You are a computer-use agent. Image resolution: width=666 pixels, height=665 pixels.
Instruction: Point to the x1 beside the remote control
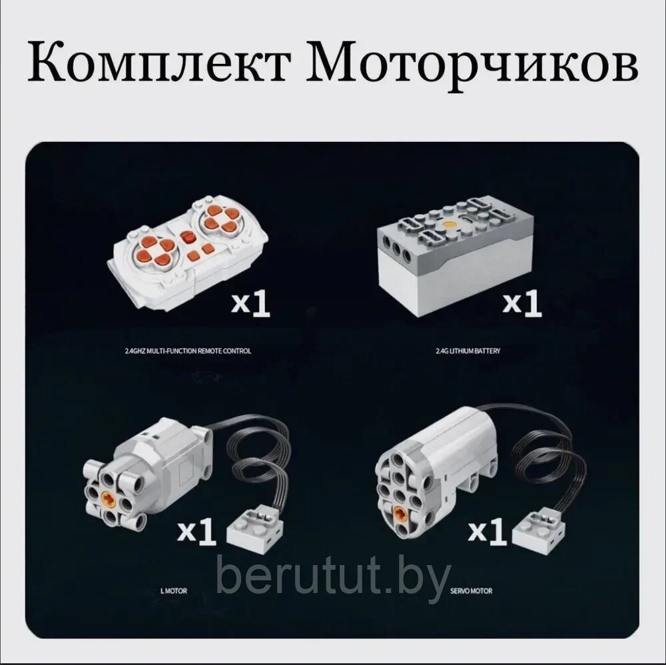[x=250, y=303]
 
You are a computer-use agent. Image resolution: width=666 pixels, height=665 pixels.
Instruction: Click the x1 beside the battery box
[x=522, y=303]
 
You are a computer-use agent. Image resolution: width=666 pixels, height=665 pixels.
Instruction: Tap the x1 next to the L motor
[x=196, y=530]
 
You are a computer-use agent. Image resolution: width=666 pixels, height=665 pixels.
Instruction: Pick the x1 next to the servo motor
[x=488, y=530]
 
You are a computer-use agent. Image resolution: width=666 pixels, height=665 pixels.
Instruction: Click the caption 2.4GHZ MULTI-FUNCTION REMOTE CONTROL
[x=188, y=351]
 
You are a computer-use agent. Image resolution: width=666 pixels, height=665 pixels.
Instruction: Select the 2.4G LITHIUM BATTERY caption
[x=468, y=351]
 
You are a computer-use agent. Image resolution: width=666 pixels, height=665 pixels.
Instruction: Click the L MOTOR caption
[x=174, y=590]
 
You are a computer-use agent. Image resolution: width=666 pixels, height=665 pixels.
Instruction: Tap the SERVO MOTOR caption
[x=471, y=590]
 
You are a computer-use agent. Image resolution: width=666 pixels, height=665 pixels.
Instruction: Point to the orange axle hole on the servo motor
[x=400, y=514]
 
